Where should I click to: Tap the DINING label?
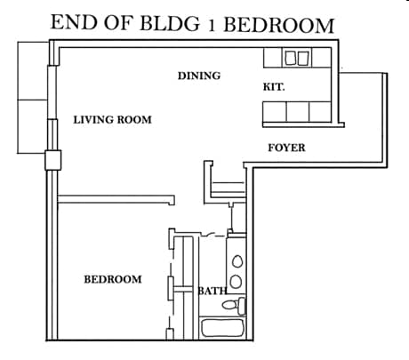(198, 76)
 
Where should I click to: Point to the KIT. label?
(274, 87)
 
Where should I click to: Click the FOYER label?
(286, 148)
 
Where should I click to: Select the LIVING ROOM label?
(112, 120)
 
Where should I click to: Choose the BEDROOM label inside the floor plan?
(113, 279)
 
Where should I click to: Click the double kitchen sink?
(297, 58)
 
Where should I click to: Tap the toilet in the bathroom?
(233, 307)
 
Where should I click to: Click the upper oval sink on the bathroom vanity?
(237, 262)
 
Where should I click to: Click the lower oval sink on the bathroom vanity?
(237, 282)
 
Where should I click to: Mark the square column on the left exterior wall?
(52, 160)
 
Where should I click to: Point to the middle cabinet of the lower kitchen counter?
(297, 111)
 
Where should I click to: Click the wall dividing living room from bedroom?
(116, 197)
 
